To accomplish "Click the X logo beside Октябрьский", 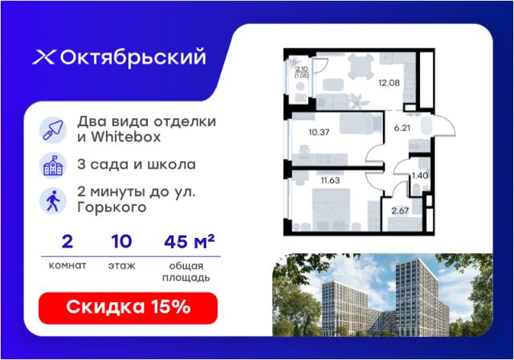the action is point(44,57).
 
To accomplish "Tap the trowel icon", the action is point(53,130).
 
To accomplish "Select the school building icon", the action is point(53,166).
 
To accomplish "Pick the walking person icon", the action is point(53,201).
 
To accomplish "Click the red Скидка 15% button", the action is point(128,308).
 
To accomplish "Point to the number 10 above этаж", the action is point(121,242).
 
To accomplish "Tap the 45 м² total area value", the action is point(190,242).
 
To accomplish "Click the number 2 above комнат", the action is point(67,242).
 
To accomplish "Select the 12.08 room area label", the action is point(389,83).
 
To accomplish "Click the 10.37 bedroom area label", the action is point(319,132).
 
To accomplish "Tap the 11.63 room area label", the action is point(330,180).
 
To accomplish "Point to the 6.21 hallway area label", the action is point(402,128).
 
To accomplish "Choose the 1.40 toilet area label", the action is point(420,176).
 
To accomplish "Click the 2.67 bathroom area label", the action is point(400,211).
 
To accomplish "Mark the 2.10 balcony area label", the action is point(302,69).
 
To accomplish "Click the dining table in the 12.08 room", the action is point(361,66).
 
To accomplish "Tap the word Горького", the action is point(112,207).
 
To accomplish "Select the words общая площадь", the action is point(186,272).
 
